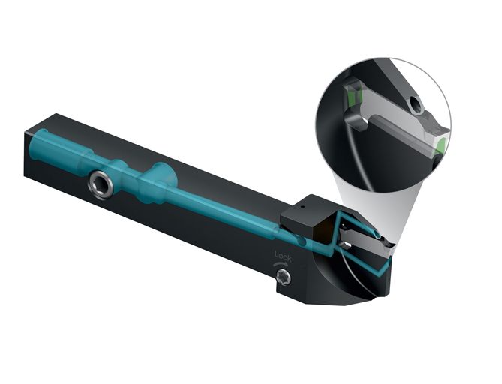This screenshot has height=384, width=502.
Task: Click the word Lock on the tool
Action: (x=283, y=256)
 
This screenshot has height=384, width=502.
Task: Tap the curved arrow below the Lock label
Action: (x=281, y=264)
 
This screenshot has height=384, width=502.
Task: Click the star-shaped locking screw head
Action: (x=284, y=277)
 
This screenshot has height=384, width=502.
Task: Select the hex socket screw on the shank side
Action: (x=101, y=185)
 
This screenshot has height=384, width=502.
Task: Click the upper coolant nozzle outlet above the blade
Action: (x=377, y=235)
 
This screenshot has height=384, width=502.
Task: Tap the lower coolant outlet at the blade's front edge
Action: (x=389, y=263)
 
